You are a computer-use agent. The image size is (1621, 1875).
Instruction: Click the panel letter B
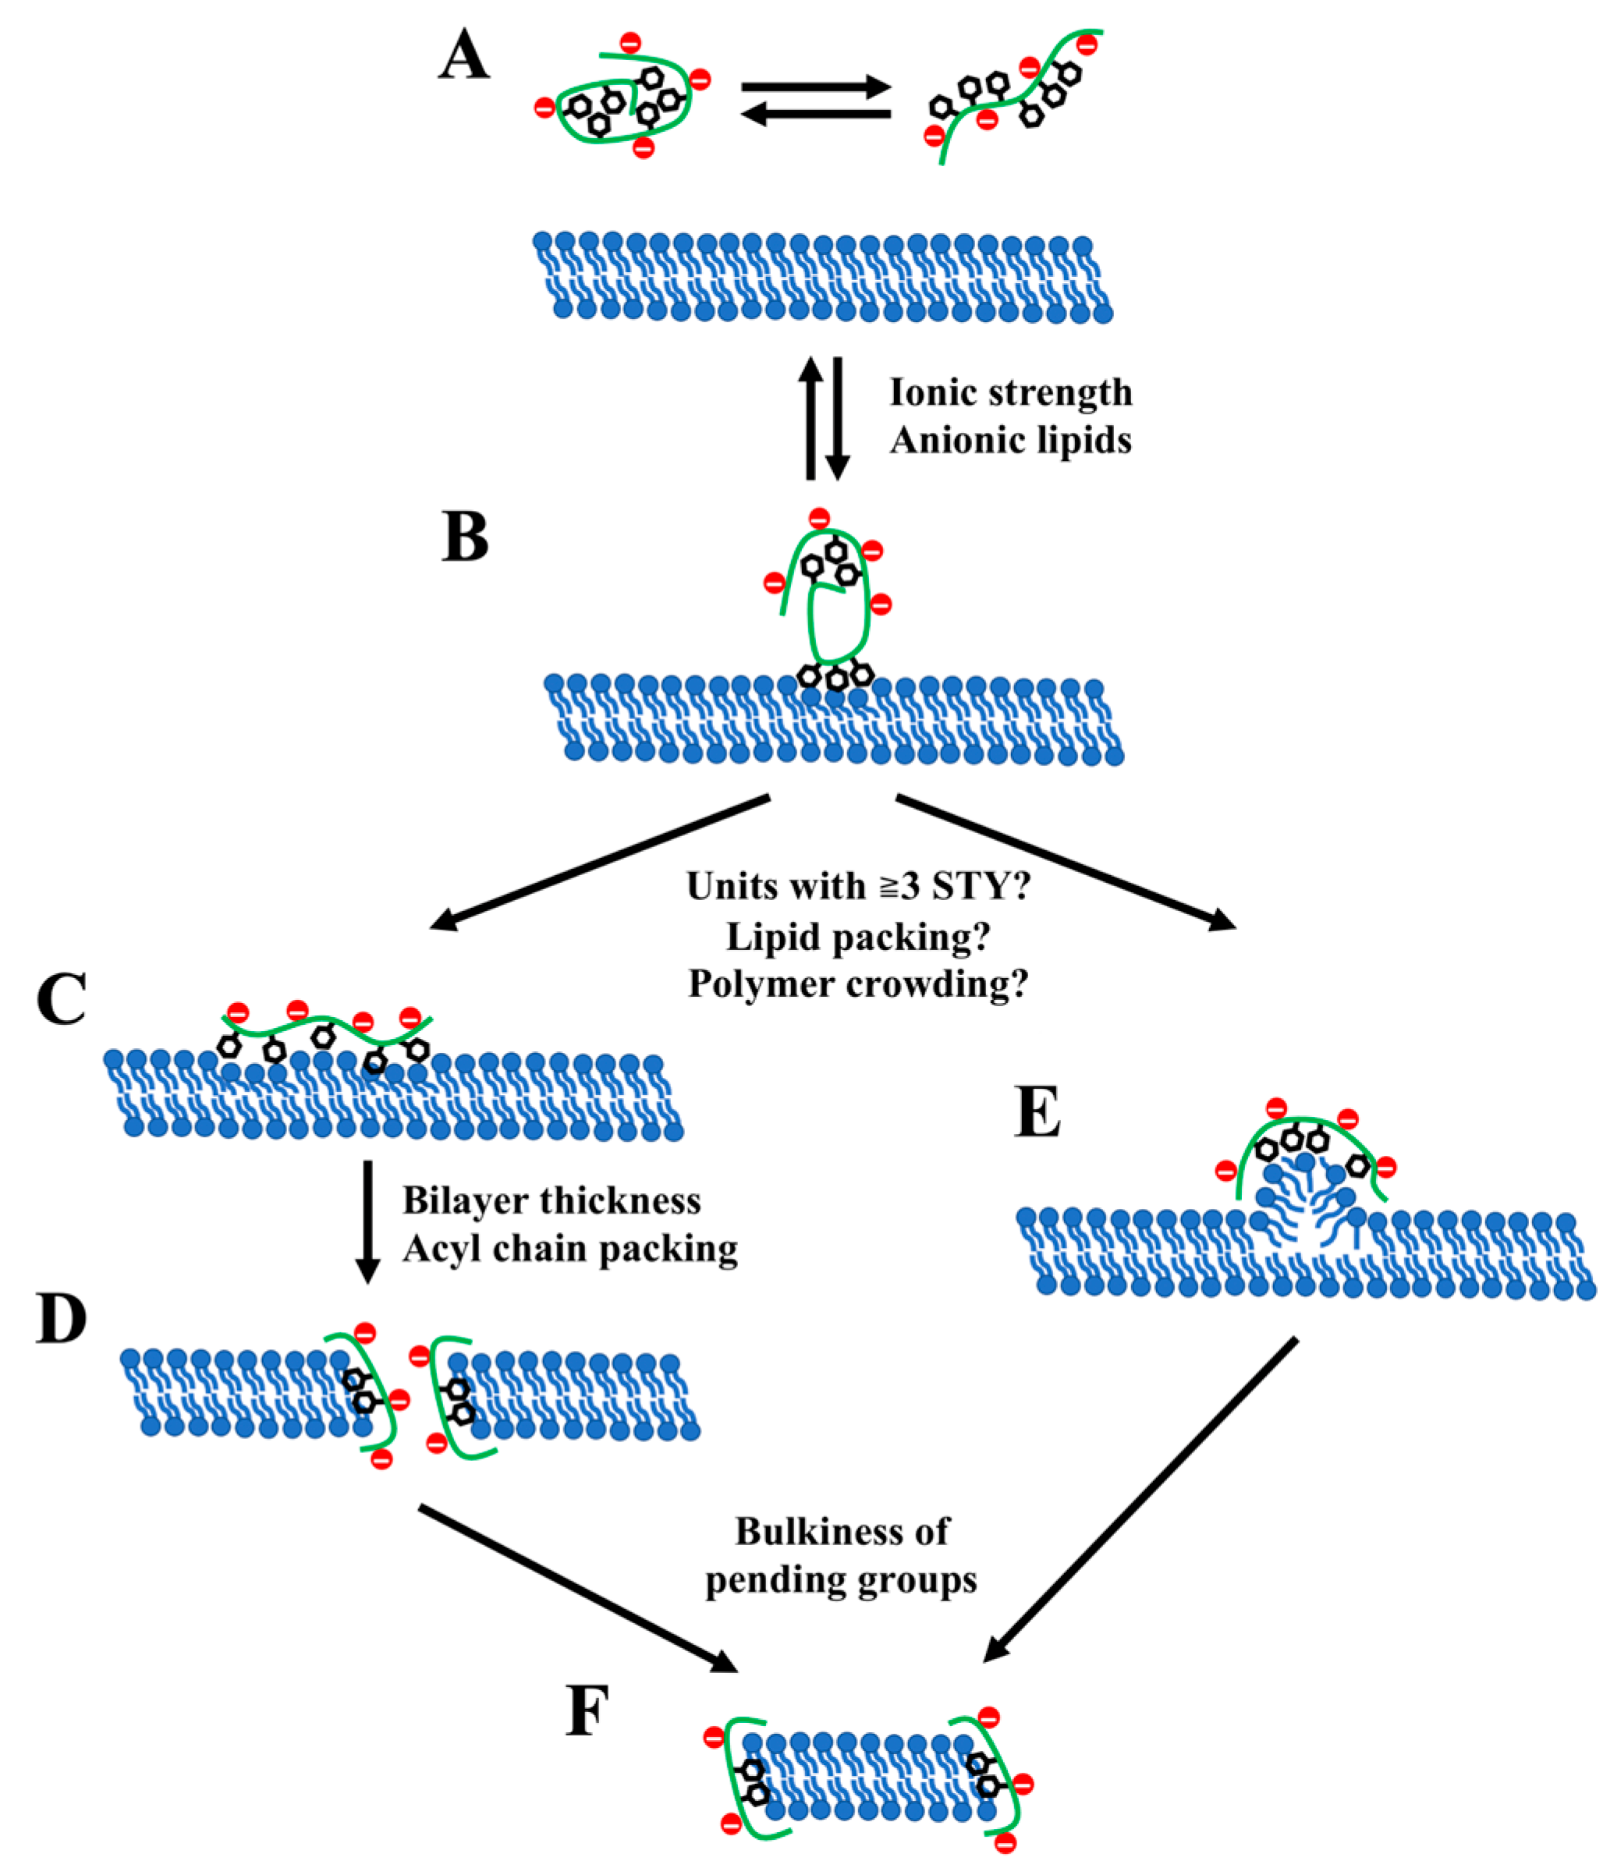pos(465,537)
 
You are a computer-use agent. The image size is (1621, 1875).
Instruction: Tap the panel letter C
pos(62,999)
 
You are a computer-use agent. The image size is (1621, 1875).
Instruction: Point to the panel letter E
pos(1038,1112)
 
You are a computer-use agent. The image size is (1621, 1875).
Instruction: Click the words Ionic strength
pos(1010,393)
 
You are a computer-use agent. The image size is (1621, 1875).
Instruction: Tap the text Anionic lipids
pos(1010,441)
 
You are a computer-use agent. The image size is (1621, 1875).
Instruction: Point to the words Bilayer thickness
pos(552,1201)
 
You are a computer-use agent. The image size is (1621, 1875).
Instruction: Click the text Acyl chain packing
pos(570,1249)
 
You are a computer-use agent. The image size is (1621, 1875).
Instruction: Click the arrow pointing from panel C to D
pos(367,1221)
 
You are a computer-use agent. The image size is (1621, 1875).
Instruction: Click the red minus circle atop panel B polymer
pos(819,519)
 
